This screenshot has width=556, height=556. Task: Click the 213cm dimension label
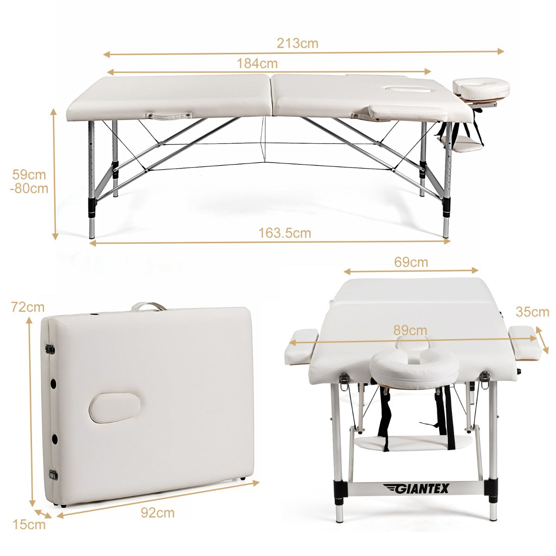[x=297, y=43]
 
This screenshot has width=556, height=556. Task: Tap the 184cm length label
[x=257, y=63]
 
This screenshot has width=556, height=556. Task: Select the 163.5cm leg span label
[x=285, y=233]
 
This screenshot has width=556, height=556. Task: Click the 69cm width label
[x=411, y=262]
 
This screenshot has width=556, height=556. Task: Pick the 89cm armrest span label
[x=410, y=330]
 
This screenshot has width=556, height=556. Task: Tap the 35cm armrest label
[x=533, y=312]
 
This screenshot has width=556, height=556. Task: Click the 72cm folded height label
[x=28, y=307]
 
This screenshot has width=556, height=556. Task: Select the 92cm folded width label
[x=158, y=513]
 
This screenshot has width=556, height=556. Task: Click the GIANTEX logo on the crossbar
[x=416, y=489]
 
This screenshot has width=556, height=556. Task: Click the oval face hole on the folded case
[x=114, y=408]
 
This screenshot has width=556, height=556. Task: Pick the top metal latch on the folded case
[x=50, y=350]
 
